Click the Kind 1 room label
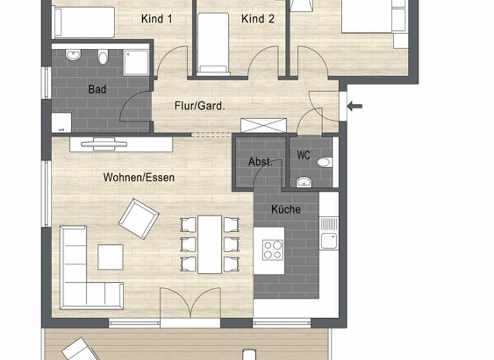pyautogui.click(x=156, y=19)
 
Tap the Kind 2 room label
pyautogui.click(x=257, y=19)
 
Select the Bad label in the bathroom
pyautogui.click(x=97, y=89)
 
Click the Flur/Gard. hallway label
pyautogui.click(x=199, y=105)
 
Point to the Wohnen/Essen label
pyautogui.click(x=138, y=177)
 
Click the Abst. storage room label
pyautogui.click(x=260, y=162)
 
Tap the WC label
pyautogui.click(x=304, y=156)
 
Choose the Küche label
pyautogui.click(x=286, y=209)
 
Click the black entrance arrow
pyautogui.click(x=354, y=106)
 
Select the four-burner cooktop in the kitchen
pyautogui.click(x=272, y=249)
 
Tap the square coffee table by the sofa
pyautogui.click(x=110, y=257)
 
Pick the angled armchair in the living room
pyautogui.click(x=138, y=219)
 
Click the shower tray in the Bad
pyautogui.click(x=136, y=62)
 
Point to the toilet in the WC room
pyautogui.click(x=324, y=162)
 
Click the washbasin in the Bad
pyautogui.click(x=73, y=56)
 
